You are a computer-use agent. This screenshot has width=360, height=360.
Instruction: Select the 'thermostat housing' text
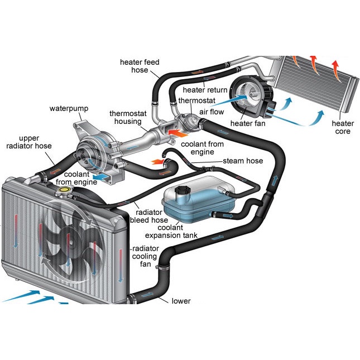pos(128,117)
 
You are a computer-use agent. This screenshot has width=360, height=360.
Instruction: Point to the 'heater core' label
pos(343,127)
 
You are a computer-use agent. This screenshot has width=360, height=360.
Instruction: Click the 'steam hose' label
pos(243,161)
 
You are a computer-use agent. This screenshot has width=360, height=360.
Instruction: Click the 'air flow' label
pos(213,112)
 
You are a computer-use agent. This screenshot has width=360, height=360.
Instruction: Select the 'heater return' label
pos(205,90)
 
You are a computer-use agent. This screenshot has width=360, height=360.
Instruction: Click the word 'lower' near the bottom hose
pos(181,301)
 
